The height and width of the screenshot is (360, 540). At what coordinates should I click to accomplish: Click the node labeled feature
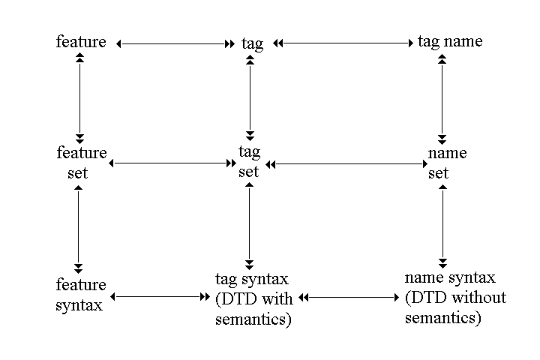(81, 41)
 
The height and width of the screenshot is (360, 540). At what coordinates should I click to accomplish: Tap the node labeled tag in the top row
(253, 43)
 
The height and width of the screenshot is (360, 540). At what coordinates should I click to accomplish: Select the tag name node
(450, 41)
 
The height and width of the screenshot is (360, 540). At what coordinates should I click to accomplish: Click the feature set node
(81, 163)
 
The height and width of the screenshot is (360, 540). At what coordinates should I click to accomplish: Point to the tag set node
(249, 161)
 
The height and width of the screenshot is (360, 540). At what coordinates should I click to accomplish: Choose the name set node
(447, 163)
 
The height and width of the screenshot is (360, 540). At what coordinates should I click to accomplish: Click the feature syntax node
(80, 295)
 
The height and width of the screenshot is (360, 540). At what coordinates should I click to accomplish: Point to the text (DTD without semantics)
(455, 307)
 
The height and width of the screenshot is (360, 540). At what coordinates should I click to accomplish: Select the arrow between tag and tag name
(344, 44)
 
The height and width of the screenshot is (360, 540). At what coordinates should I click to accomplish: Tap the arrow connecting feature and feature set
(79, 97)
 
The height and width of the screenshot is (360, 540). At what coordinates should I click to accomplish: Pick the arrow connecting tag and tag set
(249, 97)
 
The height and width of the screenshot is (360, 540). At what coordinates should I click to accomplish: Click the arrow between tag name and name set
(442, 97)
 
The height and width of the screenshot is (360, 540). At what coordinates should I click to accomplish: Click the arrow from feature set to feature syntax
(78, 228)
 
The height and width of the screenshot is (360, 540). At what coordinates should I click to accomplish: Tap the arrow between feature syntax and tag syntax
(160, 297)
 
